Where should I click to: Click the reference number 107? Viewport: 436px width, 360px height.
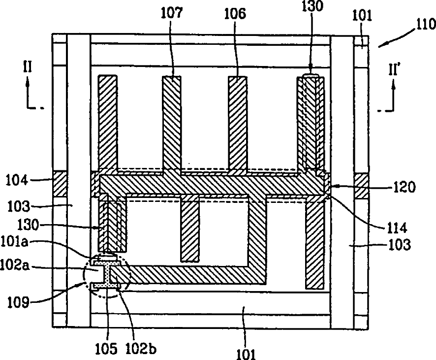(171, 13)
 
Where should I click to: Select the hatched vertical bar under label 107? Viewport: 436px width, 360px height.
(171, 123)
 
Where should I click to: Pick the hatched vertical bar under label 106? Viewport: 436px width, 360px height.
(237, 123)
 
